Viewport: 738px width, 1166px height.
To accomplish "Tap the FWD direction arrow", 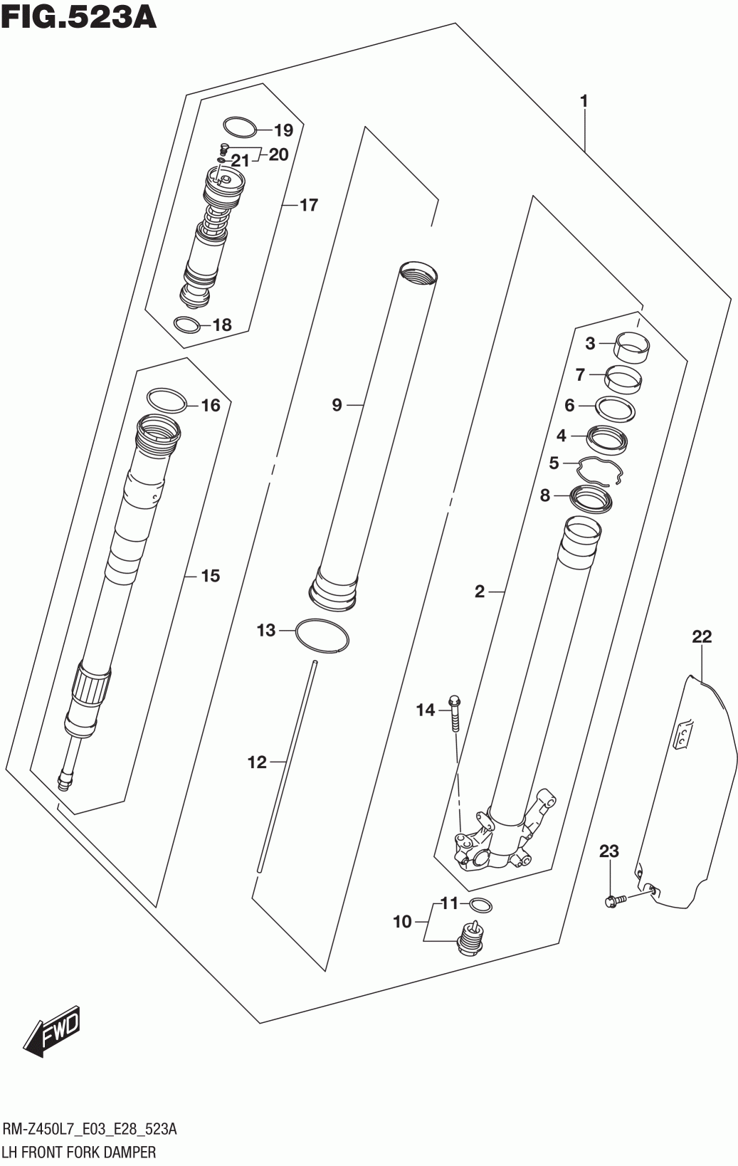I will pos(53,1031).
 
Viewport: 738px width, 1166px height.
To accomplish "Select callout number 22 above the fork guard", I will pos(701,636).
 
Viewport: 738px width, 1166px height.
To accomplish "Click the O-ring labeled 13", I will pos(322,635).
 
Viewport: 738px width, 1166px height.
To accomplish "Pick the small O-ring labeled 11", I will pos(481,905).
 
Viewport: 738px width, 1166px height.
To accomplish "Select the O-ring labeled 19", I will pos(239,127).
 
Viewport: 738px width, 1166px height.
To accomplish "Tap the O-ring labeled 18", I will pos(186,325).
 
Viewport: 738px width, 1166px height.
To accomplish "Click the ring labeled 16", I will pos(167,400).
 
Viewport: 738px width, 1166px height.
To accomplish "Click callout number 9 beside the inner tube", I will pos(337,405).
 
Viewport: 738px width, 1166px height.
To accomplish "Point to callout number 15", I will pos(210,575).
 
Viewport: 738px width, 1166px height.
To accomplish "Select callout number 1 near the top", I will pos(584,101).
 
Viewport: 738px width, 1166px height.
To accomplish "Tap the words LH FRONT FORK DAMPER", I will pos(79,1151).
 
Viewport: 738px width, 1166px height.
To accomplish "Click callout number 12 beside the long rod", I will pos(256,762).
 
